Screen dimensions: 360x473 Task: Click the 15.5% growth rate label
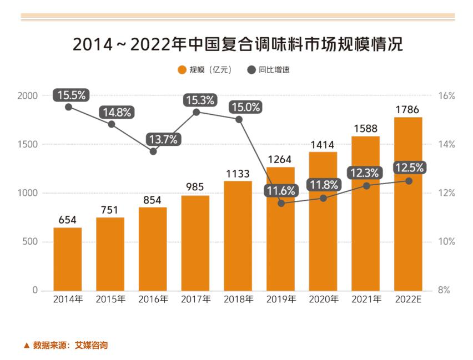[72, 95]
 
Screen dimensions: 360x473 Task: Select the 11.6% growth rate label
[281, 191]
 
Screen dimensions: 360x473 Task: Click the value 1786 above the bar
[407, 109]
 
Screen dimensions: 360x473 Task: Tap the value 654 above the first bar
[68, 220]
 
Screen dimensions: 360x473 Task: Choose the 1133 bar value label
[238, 174]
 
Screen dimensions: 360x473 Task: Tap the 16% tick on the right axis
[446, 96]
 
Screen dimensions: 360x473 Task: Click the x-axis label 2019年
[281, 300]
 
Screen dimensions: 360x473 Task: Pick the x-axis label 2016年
[153, 300]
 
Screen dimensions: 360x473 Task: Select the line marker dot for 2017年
[196, 112]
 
